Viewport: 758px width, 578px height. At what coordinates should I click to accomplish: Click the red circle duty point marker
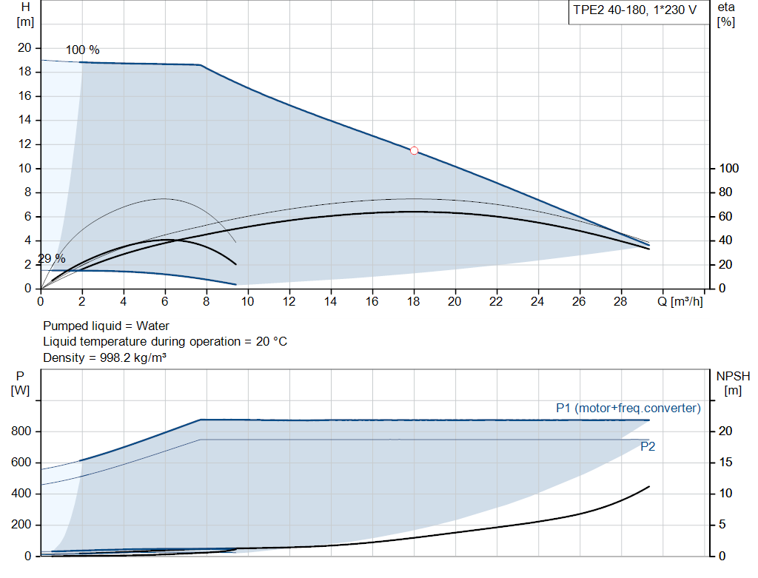(x=414, y=150)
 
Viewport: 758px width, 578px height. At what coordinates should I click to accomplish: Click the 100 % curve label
(x=82, y=50)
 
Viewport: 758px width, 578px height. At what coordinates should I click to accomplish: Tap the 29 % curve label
(x=52, y=259)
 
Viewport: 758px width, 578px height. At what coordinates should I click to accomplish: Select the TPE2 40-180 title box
(x=635, y=10)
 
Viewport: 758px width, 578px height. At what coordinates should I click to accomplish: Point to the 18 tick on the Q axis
(x=414, y=301)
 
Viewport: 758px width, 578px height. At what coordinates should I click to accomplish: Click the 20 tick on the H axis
(x=24, y=48)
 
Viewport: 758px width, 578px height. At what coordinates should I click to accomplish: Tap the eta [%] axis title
(x=726, y=14)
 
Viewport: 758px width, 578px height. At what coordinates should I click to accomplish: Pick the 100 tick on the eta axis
(x=727, y=169)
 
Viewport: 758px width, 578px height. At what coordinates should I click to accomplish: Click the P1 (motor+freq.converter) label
(x=628, y=408)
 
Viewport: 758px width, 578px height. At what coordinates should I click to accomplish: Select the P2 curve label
(x=648, y=447)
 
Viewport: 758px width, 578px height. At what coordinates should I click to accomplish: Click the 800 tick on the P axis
(x=21, y=431)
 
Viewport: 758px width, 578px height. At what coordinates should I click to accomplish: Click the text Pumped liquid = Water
(x=106, y=326)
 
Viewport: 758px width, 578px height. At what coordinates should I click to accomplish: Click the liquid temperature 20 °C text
(x=164, y=341)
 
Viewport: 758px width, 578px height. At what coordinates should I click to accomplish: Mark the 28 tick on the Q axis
(x=620, y=301)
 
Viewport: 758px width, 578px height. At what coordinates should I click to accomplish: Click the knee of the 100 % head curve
(x=201, y=65)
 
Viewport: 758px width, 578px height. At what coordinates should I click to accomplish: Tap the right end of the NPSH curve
(x=648, y=486)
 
